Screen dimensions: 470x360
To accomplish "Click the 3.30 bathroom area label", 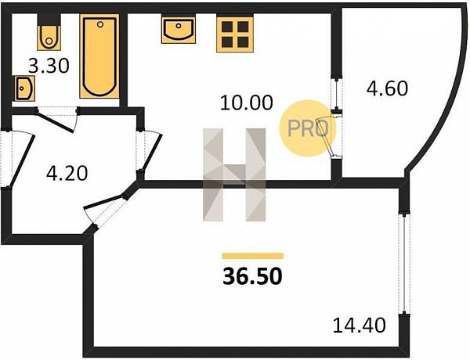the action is tap(49, 66).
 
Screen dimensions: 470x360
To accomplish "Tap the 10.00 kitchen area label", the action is tap(247, 103).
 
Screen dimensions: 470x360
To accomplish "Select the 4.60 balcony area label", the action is tap(387, 88).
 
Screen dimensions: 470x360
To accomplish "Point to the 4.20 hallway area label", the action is tap(67, 174).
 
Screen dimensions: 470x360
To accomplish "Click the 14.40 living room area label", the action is tap(359, 326).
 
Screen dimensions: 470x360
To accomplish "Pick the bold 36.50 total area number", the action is tap(252, 276).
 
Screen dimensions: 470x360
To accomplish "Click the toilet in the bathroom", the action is tap(49, 32).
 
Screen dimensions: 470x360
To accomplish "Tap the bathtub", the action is tap(99, 56).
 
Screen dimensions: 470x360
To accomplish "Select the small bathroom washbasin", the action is tap(24, 88).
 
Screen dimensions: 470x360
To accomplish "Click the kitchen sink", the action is tap(179, 30).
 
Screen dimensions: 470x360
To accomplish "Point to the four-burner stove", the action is tap(235, 34).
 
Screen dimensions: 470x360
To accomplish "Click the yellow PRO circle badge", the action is tap(308, 128).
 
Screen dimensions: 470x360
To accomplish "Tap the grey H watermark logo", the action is tap(234, 175).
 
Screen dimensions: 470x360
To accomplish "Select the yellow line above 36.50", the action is tap(253, 256).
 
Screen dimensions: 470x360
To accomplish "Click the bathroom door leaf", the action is tap(56, 122).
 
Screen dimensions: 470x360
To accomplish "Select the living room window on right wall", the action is tap(404, 263).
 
